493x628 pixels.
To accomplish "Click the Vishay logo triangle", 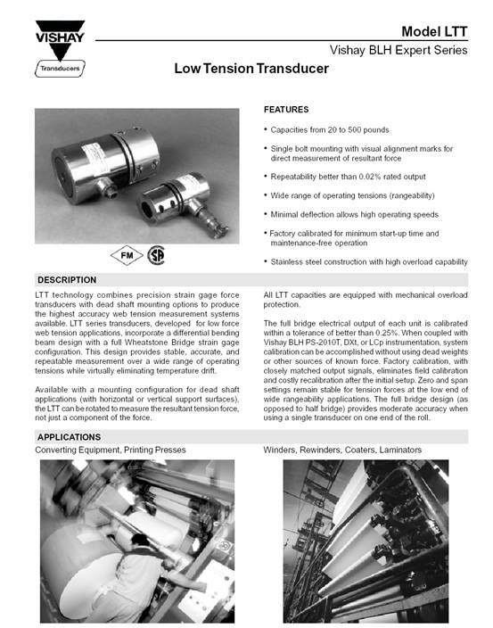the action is [x=60, y=39].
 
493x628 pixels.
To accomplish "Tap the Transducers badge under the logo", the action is [x=60, y=69].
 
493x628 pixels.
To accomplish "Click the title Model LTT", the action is [x=434, y=31].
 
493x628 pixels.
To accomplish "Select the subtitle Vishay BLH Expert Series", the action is [x=399, y=50].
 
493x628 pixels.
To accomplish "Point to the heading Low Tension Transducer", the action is [x=251, y=68].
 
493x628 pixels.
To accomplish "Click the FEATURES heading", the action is [x=286, y=110].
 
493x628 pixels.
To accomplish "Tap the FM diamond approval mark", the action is [x=127, y=255].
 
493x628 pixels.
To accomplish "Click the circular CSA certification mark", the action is [x=156, y=255].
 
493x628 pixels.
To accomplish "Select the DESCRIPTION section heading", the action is [x=67, y=280].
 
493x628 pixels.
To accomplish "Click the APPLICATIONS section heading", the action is [x=69, y=437].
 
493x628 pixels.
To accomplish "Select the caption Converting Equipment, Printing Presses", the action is [x=111, y=450].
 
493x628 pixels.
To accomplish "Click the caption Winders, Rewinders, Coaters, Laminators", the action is [x=342, y=450].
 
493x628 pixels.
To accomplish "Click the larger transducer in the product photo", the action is [x=105, y=164].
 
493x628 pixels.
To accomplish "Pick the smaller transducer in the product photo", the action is [x=182, y=202].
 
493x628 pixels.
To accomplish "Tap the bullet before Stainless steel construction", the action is [x=266, y=261].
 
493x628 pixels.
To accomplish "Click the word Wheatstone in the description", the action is [x=147, y=343].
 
